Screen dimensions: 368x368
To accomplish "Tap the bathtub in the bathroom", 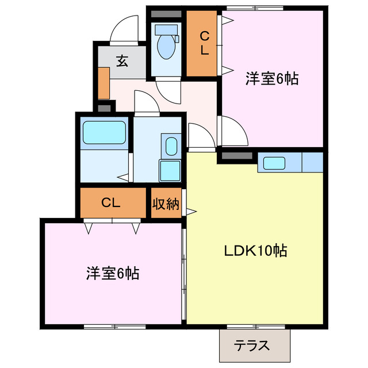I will [x=104, y=133].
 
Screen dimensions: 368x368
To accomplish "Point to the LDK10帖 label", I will [x=256, y=251].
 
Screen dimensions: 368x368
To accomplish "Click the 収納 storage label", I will [x=166, y=203].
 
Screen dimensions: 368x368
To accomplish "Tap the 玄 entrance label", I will [x=122, y=61].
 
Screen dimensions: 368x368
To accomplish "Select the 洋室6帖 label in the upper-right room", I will [x=272, y=79].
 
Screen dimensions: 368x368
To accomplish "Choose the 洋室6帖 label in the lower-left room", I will [x=113, y=272].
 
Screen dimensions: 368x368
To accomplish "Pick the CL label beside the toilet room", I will [x=204, y=43].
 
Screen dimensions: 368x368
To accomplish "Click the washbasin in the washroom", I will [x=171, y=146].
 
